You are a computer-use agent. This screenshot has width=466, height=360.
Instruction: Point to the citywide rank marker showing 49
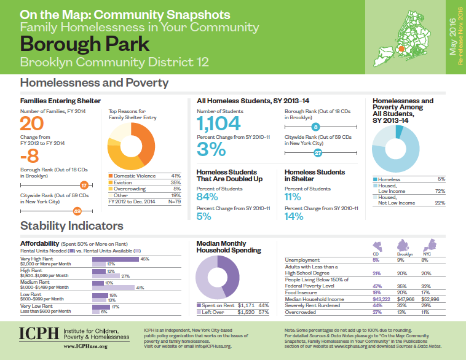[77, 211]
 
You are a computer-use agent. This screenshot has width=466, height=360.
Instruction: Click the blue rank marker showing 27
[318, 152]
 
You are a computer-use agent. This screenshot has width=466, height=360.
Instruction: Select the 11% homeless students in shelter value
[293, 197]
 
